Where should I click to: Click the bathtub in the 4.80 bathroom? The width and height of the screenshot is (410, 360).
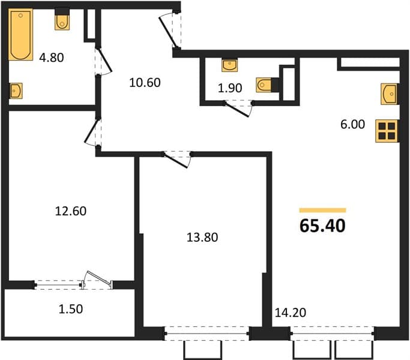pos(20,35)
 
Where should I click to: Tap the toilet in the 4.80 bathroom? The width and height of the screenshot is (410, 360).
pos(62,20)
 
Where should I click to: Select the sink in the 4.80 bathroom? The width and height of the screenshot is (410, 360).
pos(16,91)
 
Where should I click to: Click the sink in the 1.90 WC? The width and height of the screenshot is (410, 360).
pos(229,65)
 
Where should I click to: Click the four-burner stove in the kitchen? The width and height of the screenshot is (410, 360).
pos(387,131)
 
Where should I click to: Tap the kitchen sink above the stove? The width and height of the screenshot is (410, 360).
pos(389,94)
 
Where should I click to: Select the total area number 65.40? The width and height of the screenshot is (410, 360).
pos(322,226)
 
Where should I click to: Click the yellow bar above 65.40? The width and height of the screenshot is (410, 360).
pos(323,210)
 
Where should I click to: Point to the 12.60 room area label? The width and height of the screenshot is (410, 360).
pos(71,211)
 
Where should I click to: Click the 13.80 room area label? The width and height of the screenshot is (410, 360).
pos(202,238)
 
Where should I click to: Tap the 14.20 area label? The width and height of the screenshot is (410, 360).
pos(291,313)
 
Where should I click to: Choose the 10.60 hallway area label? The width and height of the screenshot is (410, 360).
pos(145,83)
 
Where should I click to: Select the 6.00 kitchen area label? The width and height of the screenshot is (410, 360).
pos(352,124)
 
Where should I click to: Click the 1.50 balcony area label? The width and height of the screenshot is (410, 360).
pos(71,309)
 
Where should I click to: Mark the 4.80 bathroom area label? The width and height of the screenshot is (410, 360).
pos(52,58)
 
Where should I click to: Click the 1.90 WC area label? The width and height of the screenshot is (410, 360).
pos(230,88)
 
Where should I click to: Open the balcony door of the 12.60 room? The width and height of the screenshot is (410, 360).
pos(98,280)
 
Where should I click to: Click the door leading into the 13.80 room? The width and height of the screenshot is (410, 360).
pos(177,160)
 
